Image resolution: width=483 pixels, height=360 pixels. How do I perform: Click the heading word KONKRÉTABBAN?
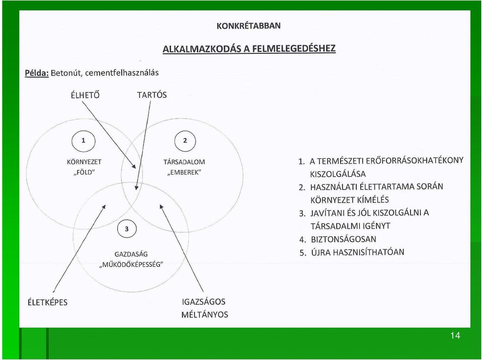[x=249, y=26]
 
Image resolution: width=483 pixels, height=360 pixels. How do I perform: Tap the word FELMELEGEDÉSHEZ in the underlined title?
[x=294, y=49]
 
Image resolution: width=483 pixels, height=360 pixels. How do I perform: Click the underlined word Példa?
[x=37, y=73]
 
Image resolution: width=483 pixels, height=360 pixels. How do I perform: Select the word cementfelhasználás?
[x=122, y=73]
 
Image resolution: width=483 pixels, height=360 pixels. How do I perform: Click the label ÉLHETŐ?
[x=85, y=95]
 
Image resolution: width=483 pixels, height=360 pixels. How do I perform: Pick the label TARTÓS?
[x=152, y=95]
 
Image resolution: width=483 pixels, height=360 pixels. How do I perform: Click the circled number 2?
[x=185, y=141]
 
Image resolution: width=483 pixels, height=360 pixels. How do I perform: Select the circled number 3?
[x=127, y=229]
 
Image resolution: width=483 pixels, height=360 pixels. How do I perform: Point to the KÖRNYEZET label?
[x=84, y=162]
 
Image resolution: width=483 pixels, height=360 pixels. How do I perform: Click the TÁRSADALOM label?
[x=184, y=162]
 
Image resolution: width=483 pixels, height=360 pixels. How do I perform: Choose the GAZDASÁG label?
[x=131, y=254]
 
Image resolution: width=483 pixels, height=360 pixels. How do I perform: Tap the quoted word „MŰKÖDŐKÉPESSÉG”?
[x=131, y=264]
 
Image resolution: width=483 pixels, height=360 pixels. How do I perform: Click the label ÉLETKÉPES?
[x=47, y=302]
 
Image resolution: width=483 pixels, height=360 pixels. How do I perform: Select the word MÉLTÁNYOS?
[x=205, y=315]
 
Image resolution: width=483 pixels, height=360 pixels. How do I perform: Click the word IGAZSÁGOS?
[x=204, y=302]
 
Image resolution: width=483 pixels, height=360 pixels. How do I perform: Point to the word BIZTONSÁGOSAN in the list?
[x=344, y=239]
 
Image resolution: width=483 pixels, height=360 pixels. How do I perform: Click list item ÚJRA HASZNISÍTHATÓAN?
[x=357, y=252]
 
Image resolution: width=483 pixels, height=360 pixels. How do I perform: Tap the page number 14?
[x=455, y=335]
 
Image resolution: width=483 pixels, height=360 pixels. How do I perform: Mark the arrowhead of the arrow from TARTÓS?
[x=136, y=188]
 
